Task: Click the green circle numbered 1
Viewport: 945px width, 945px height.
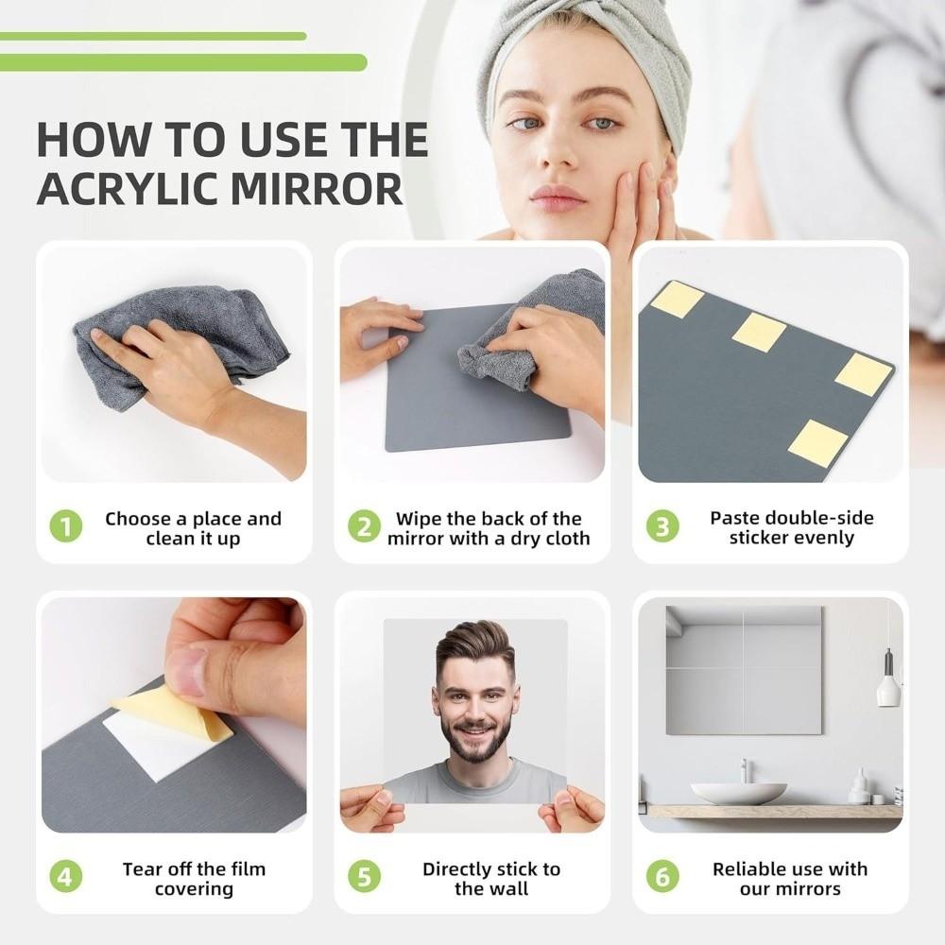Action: [65, 526]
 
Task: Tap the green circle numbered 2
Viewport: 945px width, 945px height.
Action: [364, 526]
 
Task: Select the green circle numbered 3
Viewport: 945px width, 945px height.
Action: [662, 526]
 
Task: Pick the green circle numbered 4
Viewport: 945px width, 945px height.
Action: [65, 877]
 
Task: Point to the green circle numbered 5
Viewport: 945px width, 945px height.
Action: [364, 877]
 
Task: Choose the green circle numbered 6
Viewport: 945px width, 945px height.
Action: [662, 877]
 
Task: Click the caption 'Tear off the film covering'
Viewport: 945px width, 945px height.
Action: [194, 878]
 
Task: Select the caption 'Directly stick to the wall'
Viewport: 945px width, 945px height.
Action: [491, 878]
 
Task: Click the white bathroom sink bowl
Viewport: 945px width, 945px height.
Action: [738, 792]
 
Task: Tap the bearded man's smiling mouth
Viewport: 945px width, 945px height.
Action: [475, 729]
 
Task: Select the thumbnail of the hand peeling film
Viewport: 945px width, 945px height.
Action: [174, 714]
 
